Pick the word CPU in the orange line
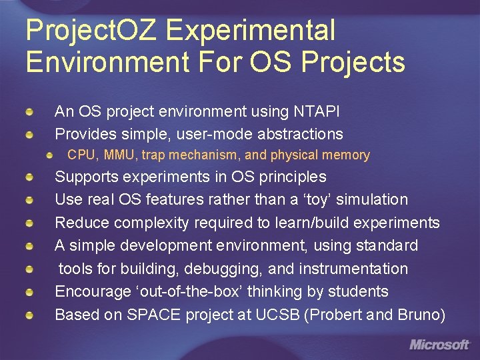(x=82, y=155)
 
